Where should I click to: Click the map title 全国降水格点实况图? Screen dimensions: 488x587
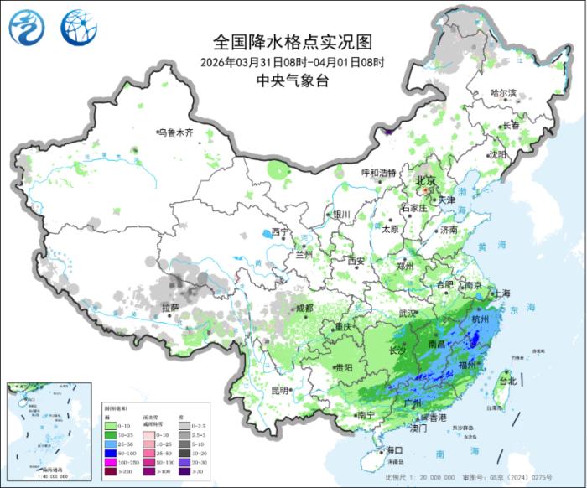point(293,42)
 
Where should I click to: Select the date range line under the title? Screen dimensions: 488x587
point(293,62)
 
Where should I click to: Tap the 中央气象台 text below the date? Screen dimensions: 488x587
point(293,81)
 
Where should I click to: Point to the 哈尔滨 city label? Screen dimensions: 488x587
point(503,93)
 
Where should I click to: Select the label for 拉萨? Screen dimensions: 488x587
point(169,309)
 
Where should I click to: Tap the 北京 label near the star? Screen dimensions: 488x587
point(427,181)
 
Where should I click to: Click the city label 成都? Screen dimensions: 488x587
point(304,308)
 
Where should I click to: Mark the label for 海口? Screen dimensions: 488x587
point(394,451)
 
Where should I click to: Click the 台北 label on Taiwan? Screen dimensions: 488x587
point(507,381)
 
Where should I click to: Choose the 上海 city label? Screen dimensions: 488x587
point(502,293)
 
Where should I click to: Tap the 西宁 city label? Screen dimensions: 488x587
point(279,231)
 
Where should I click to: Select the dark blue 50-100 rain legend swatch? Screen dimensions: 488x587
point(110,452)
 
